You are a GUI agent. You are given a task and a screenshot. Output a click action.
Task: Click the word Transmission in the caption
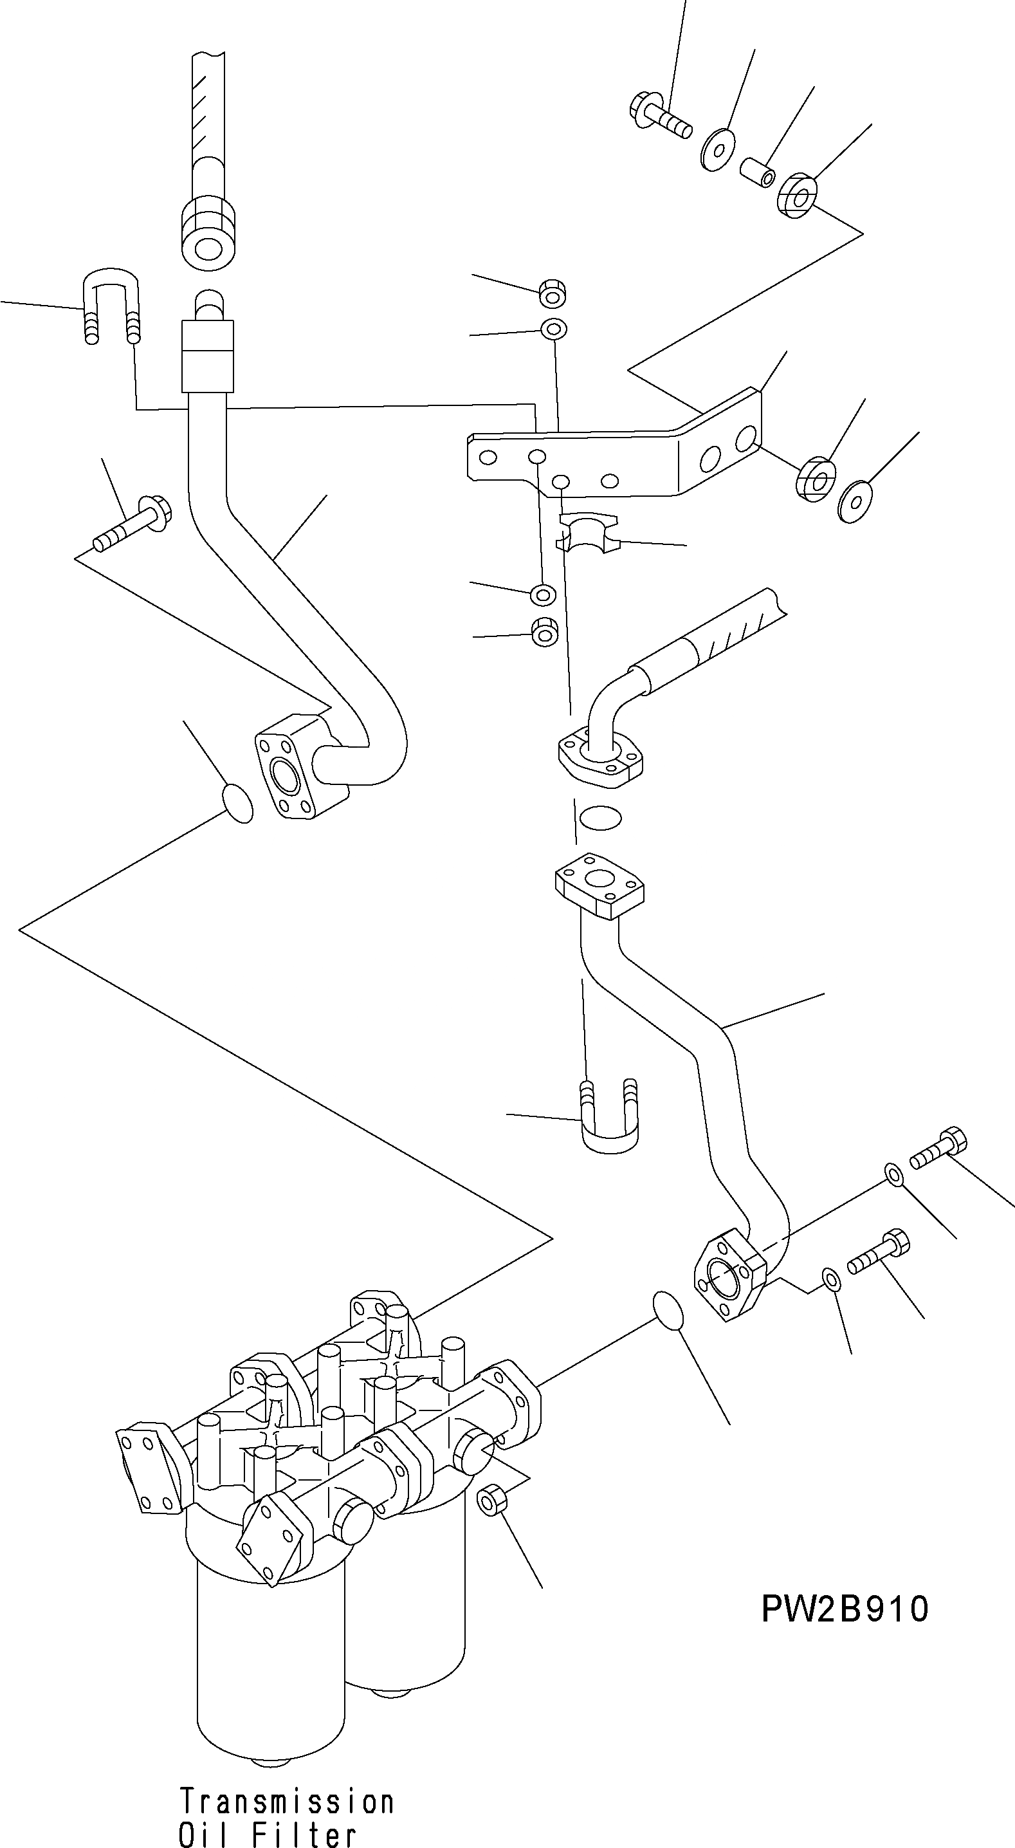286,1802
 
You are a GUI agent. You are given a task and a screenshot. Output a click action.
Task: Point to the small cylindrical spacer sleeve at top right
758,172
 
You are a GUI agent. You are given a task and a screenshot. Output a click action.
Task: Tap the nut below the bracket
544,632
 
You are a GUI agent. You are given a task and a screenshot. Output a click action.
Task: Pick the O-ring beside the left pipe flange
237,803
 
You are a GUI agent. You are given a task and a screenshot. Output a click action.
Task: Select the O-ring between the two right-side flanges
599,817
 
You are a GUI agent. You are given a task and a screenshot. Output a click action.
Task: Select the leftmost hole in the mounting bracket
488,457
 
